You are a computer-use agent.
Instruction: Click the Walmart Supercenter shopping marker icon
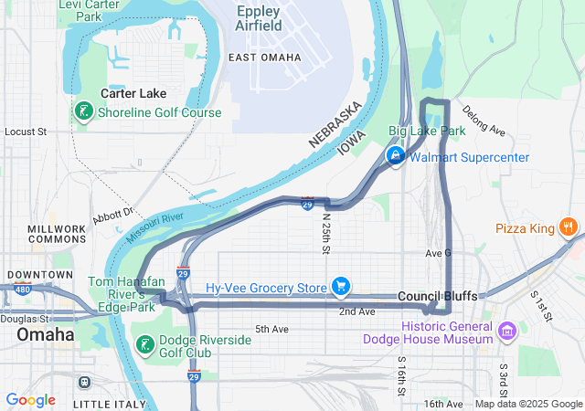[396, 157]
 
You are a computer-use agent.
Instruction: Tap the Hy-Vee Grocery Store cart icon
[341, 288]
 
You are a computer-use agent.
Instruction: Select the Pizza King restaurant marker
[569, 227]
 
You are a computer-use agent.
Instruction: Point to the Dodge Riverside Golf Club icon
[144, 345]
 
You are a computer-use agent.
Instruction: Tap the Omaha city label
[45, 335]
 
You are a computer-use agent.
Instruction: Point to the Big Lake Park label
[427, 132]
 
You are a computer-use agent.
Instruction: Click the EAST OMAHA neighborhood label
[264, 58]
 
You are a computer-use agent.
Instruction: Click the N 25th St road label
[326, 233]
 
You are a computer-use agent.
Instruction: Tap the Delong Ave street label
[484, 121]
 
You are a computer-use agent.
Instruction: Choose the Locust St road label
[26, 132]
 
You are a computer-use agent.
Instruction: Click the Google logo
[30, 400]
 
